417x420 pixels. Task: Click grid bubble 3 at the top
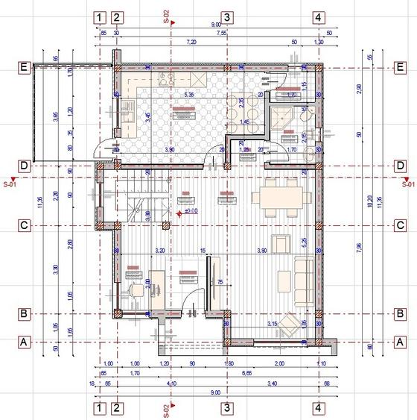227,17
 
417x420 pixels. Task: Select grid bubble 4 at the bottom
319,407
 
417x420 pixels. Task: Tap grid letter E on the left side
24,67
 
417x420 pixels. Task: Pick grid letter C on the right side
398,225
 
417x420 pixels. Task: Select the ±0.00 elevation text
192,212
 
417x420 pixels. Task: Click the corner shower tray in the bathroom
282,115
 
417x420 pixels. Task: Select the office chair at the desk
136,289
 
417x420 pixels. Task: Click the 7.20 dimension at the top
191,43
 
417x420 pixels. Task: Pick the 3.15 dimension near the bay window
272,324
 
